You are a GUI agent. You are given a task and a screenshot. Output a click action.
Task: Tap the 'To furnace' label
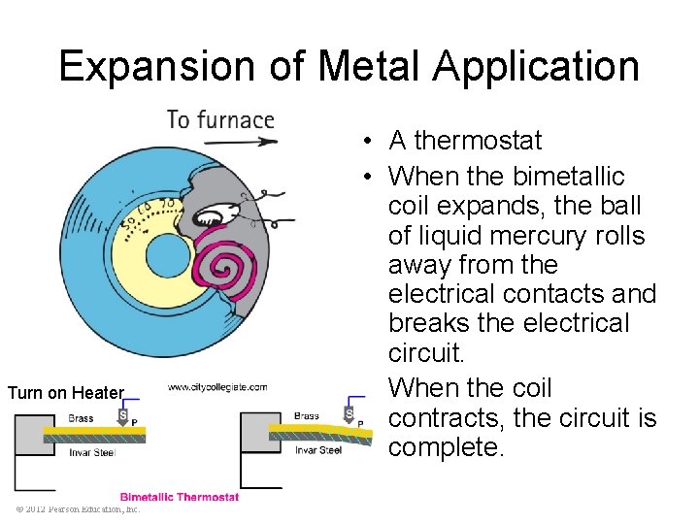point(220,119)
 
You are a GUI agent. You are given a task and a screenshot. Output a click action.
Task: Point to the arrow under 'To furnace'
point(242,142)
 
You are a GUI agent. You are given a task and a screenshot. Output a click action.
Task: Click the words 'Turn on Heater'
point(66,393)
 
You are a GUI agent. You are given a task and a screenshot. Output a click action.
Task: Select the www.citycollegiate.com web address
point(217,387)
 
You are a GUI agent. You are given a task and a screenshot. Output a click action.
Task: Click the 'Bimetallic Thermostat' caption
point(179,497)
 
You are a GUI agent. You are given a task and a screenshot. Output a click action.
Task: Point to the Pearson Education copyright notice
point(78,508)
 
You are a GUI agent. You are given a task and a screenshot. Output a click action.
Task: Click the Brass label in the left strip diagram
point(82,418)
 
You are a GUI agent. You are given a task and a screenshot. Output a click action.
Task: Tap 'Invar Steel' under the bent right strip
point(319,450)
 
